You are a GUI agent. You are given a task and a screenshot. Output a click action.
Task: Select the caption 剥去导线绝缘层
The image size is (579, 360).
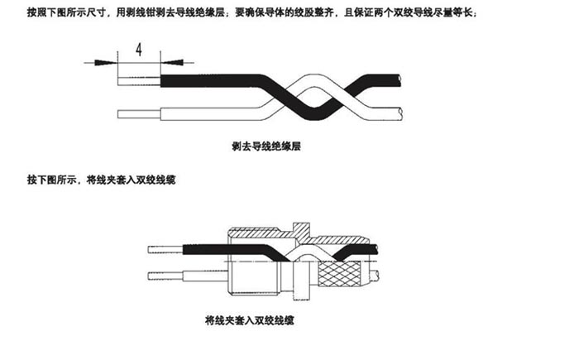tap(266, 146)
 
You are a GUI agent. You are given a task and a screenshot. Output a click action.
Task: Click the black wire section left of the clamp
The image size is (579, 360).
tap(203, 247)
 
